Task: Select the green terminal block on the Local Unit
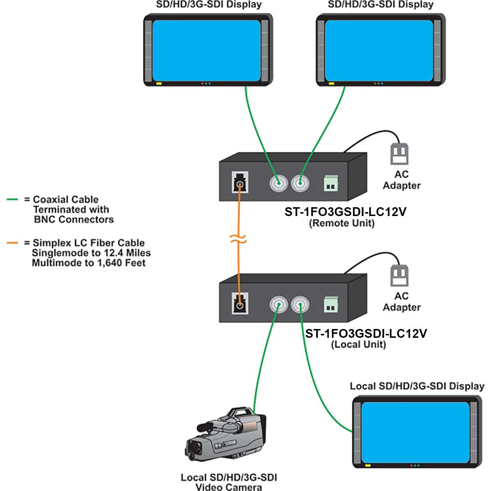[331, 305]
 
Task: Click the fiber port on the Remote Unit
[240, 182]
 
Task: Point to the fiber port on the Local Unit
[240, 303]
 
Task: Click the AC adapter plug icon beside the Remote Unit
[399, 154]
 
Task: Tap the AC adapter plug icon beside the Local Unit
[399, 275]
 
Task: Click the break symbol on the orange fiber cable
[238, 239]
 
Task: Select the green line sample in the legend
[12, 199]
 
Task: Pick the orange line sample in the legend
[12, 243]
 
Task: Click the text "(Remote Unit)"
[342, 223]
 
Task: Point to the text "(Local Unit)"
[358, 345]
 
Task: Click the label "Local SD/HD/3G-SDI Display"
[417, 386]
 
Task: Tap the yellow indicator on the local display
[368, 465]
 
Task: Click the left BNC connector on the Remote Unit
[278, 183]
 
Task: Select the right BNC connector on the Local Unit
[300, 304]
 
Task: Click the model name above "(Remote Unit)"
[345, 212]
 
